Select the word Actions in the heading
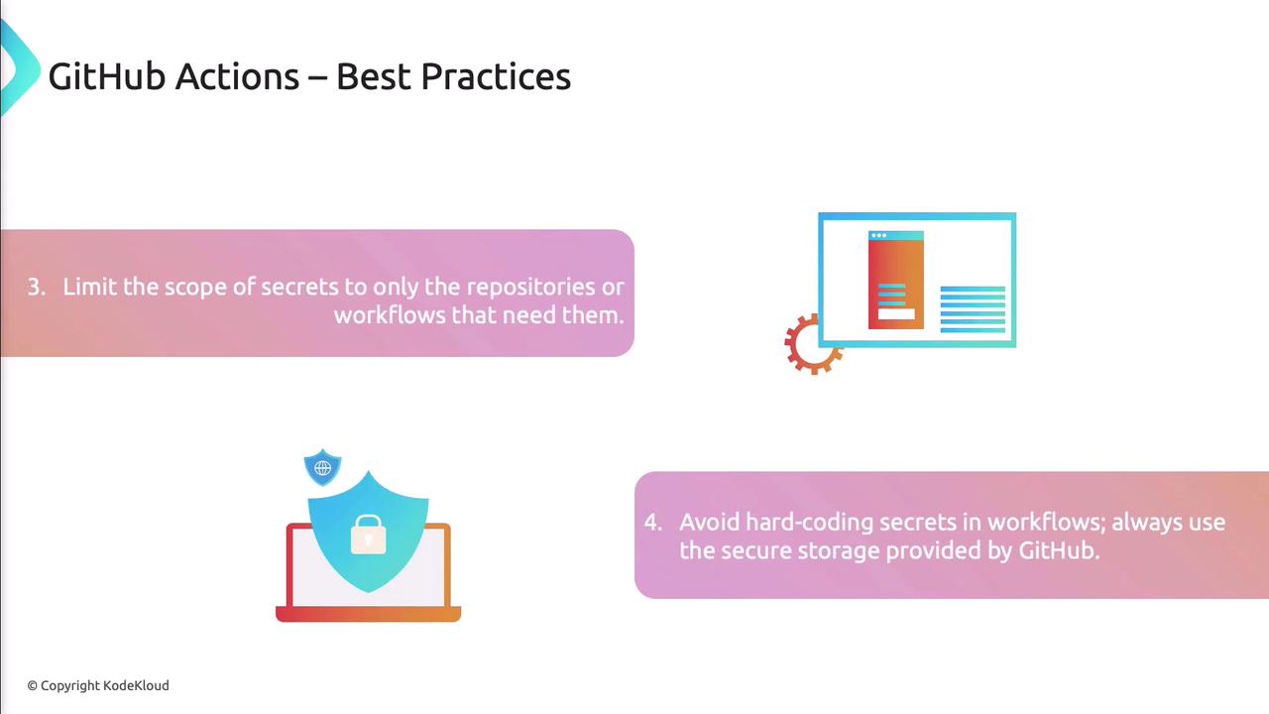[237, 76]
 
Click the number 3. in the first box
[37, 287]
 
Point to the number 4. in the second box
[653, 522]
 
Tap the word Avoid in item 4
[709, 522]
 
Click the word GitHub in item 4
[1059, 550]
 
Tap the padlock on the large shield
[368, 535]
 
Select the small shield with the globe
[322, 467]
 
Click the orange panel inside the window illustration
[895, 280]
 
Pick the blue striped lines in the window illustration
[973, 308]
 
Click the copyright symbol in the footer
[33, 685]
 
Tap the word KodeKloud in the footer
[136, 685]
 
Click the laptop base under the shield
[368, 614]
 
